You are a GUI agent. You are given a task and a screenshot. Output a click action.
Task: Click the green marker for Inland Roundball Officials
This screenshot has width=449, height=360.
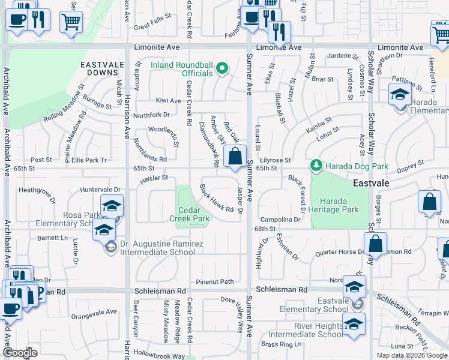pos(221,67)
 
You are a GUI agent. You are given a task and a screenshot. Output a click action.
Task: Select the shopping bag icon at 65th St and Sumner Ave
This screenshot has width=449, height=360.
pos(235,157)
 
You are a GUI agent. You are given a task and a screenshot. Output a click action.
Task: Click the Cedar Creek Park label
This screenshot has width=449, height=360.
pos(194,214)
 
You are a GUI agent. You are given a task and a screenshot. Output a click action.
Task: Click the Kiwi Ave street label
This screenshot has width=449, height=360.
pos(168,101)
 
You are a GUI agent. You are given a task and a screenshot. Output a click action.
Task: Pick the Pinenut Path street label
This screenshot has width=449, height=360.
pos(215,281)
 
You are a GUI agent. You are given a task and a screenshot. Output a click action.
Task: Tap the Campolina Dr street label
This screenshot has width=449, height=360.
pos(280,220)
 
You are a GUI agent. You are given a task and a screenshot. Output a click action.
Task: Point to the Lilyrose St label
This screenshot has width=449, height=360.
pos(276,160)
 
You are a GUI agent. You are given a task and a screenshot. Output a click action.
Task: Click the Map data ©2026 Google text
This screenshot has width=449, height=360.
pos(412,355)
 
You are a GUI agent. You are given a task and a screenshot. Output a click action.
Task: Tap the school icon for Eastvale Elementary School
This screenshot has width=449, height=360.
pos(354,287)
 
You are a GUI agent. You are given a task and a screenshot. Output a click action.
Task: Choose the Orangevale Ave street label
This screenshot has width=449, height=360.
pos(94,313)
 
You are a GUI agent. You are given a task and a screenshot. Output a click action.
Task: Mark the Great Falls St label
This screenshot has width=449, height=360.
pos(154,26)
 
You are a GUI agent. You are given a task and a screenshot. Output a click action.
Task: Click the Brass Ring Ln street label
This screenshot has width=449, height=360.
pos(282,344)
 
